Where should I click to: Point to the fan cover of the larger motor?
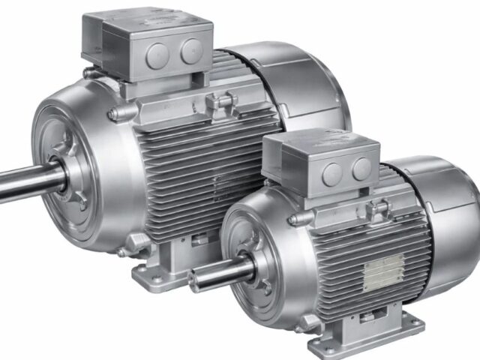coord(300,82)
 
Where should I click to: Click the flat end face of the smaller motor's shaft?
coord(194,280)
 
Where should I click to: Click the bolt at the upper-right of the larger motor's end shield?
coord(112,114)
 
